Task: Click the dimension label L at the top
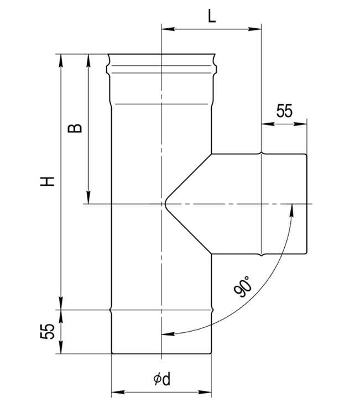(x=212, y=17)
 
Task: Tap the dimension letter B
(x=75, y=128)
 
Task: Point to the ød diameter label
(x=162, y=379)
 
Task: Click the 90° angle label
(x=243, y=286)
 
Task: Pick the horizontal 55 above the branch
(x=284, y=111)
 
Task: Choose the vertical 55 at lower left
(x=48, y=331)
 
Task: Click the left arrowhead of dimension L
(x=168, y=29)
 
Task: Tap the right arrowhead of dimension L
(x=255, y=29)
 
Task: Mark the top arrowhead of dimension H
(x=61, y=60)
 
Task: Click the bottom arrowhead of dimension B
(x=88, y=197)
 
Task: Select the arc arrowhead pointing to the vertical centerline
(x=168, y=333)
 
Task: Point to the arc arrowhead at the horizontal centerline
(x=292, y=210)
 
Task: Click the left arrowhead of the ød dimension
(x=117, y=392)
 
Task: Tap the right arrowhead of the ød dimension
(x=205, y=392)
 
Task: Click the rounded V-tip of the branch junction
(x=165, y=204)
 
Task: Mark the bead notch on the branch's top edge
(x=262, y=153)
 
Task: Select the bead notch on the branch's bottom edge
(x=262, y=255)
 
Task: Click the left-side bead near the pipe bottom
(x=111, y=310)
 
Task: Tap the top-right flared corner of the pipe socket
(x=215, y=55)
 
